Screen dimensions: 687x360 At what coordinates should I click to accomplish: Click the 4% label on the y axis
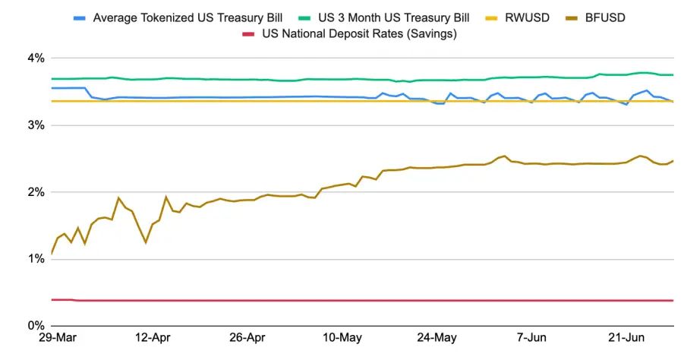click(x=36, y=58)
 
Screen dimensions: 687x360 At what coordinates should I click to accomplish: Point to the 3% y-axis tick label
click(x=36, y=125)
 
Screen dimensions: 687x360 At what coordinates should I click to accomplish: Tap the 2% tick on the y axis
click(x=36, y=192)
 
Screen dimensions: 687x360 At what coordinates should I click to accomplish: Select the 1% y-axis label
click(x=36, y=259)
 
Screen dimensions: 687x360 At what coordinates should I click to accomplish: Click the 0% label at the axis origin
click(x=36, y=326)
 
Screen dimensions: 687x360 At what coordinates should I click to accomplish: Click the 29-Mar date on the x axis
click(x=58, y=338)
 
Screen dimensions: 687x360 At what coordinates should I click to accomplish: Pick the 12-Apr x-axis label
click(x=153, y=338)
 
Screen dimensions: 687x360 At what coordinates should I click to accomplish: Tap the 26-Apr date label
click(x=247, y=338)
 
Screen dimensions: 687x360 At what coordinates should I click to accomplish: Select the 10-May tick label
click(x=342, y=338)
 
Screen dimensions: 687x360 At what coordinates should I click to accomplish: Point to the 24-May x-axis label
click(x=436, y=338)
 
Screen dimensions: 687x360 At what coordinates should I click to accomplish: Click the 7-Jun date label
click(x=531, y=338)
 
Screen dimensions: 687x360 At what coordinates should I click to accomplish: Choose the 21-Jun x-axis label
click(x=626, y=338)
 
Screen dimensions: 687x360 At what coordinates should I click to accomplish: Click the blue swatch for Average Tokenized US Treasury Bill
click(x=79, y=18)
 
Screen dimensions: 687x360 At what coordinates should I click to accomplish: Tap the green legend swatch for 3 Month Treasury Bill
click(x=304, y=18)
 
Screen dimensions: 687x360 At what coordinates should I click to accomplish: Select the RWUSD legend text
click(x=527, y=18)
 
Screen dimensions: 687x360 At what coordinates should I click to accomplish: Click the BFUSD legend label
click(x=605, y=18)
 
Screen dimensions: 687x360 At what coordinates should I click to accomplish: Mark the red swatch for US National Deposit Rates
click(x=248, y=34)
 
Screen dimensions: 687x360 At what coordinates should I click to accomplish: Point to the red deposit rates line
click(x=362, y=300)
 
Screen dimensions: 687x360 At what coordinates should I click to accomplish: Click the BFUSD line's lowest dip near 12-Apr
click(x=146, y=242)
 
